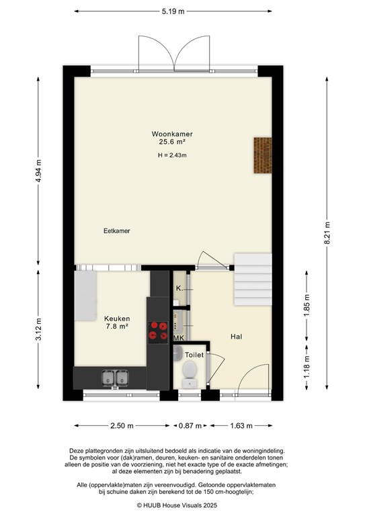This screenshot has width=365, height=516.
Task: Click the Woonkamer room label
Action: pyautogui.click(x=172, y=134)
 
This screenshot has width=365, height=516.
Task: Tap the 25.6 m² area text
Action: pyautogui.click(x=172, y=142)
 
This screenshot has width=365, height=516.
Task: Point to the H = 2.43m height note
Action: pyautogui.click(x=172, y=156)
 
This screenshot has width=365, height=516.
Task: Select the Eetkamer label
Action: pyautogui.click(x=116, y=230)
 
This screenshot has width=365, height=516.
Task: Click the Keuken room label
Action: pyautogui.click(x=116, y=318)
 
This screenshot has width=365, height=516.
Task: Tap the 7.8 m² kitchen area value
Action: pyautogui.click(x=116, y=327)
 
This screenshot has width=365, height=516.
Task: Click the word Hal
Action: pyautogui.click(x=235, y=337)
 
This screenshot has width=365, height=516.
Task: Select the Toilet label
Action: pyautogui.click(x=194, y=354)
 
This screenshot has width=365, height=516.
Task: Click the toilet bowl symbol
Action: pyautogui.click(x=190, y=370)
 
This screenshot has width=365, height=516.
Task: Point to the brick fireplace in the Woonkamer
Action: pyautogui.click(x=263, y=156)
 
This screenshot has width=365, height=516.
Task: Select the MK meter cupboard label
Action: pyautogui.click(x=179, y=338)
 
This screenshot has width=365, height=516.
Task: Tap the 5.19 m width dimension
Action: pyautogui.click(x=174, y=11)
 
